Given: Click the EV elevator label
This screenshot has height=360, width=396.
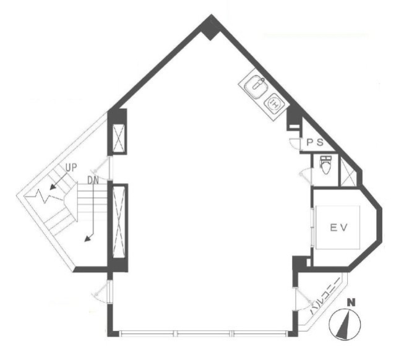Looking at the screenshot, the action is point(339,228).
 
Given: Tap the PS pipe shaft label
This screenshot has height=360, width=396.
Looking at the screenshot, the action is point(315,143).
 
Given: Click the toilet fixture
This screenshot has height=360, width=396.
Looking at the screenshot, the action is point(325,165).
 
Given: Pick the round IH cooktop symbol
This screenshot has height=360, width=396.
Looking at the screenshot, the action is point(274,103).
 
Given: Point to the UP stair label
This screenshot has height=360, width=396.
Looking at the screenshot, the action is point(71,168).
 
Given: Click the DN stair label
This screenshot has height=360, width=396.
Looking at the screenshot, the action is point(93,180).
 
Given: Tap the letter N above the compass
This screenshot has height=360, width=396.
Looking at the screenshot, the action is point(351,302).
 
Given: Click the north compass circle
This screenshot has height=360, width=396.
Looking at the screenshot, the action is point(345,324).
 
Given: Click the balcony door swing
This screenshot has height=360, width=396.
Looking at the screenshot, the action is point(304,300).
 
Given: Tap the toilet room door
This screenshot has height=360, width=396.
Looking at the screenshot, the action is point(306,175).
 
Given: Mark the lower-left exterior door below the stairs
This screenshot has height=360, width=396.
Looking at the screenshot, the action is point(101,291).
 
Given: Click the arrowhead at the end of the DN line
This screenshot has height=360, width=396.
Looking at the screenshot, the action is point(88,239).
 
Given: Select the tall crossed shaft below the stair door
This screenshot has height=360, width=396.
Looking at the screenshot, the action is point(119,222).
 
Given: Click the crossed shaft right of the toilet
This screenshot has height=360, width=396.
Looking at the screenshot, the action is point(348,171).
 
